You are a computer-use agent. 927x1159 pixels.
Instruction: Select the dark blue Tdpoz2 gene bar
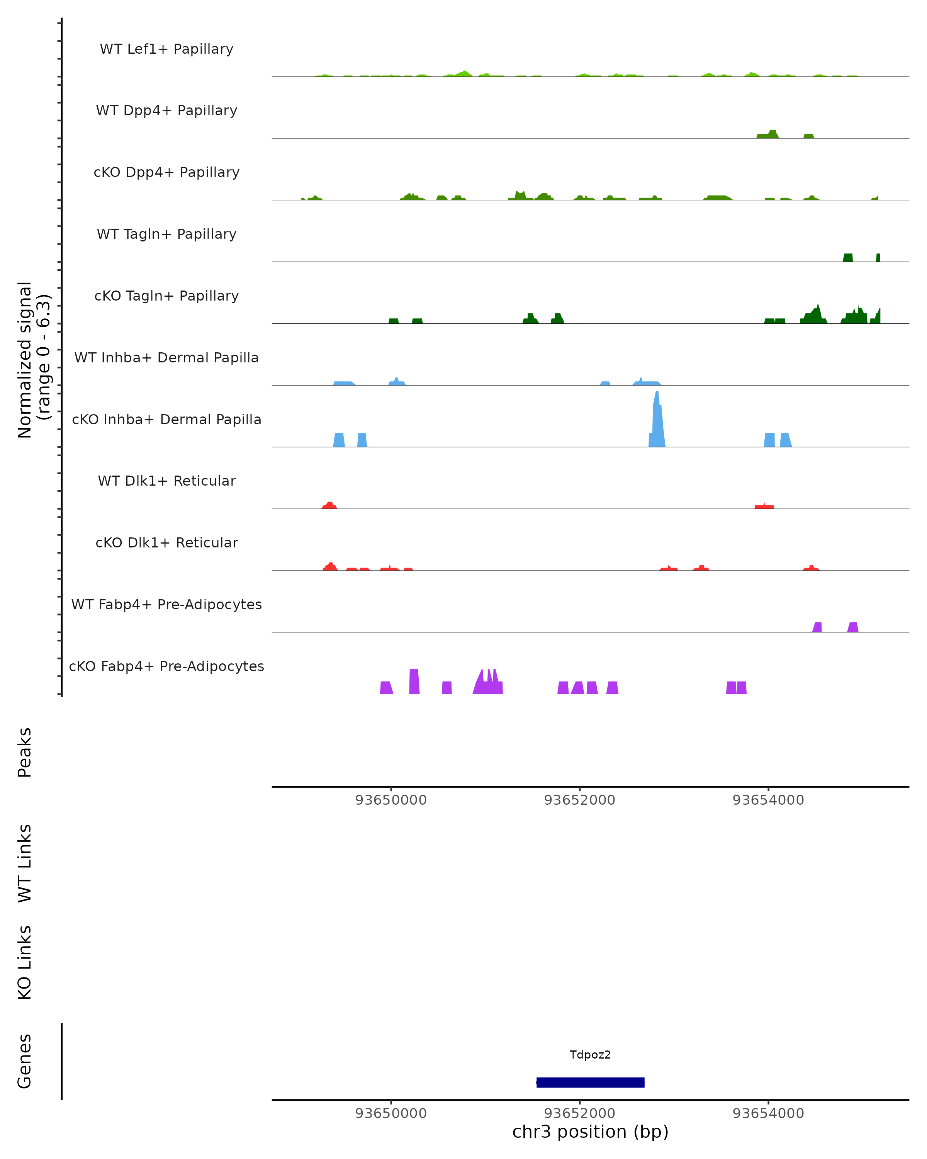(590, 1082)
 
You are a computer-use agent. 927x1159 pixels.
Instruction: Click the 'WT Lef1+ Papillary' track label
(166, 49)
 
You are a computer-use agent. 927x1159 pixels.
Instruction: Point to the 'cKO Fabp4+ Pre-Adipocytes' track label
(166, 666)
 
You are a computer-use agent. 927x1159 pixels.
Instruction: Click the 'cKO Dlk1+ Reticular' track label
(166, 542)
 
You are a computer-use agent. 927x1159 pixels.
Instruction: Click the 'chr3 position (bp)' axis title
(590, 1132)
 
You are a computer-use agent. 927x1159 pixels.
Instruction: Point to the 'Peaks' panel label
(25, 752)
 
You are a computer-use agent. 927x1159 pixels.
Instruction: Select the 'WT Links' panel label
(25, 863)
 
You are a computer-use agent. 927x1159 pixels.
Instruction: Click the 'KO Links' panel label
(25, 963)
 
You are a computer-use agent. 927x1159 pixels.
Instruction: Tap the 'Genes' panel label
(25, 1061)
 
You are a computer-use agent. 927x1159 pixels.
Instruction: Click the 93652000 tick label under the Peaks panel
(579, 800)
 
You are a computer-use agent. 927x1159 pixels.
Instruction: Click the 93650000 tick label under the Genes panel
(390, 1113)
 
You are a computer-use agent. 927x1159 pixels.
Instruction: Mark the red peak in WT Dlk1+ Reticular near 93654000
(764, 506)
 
